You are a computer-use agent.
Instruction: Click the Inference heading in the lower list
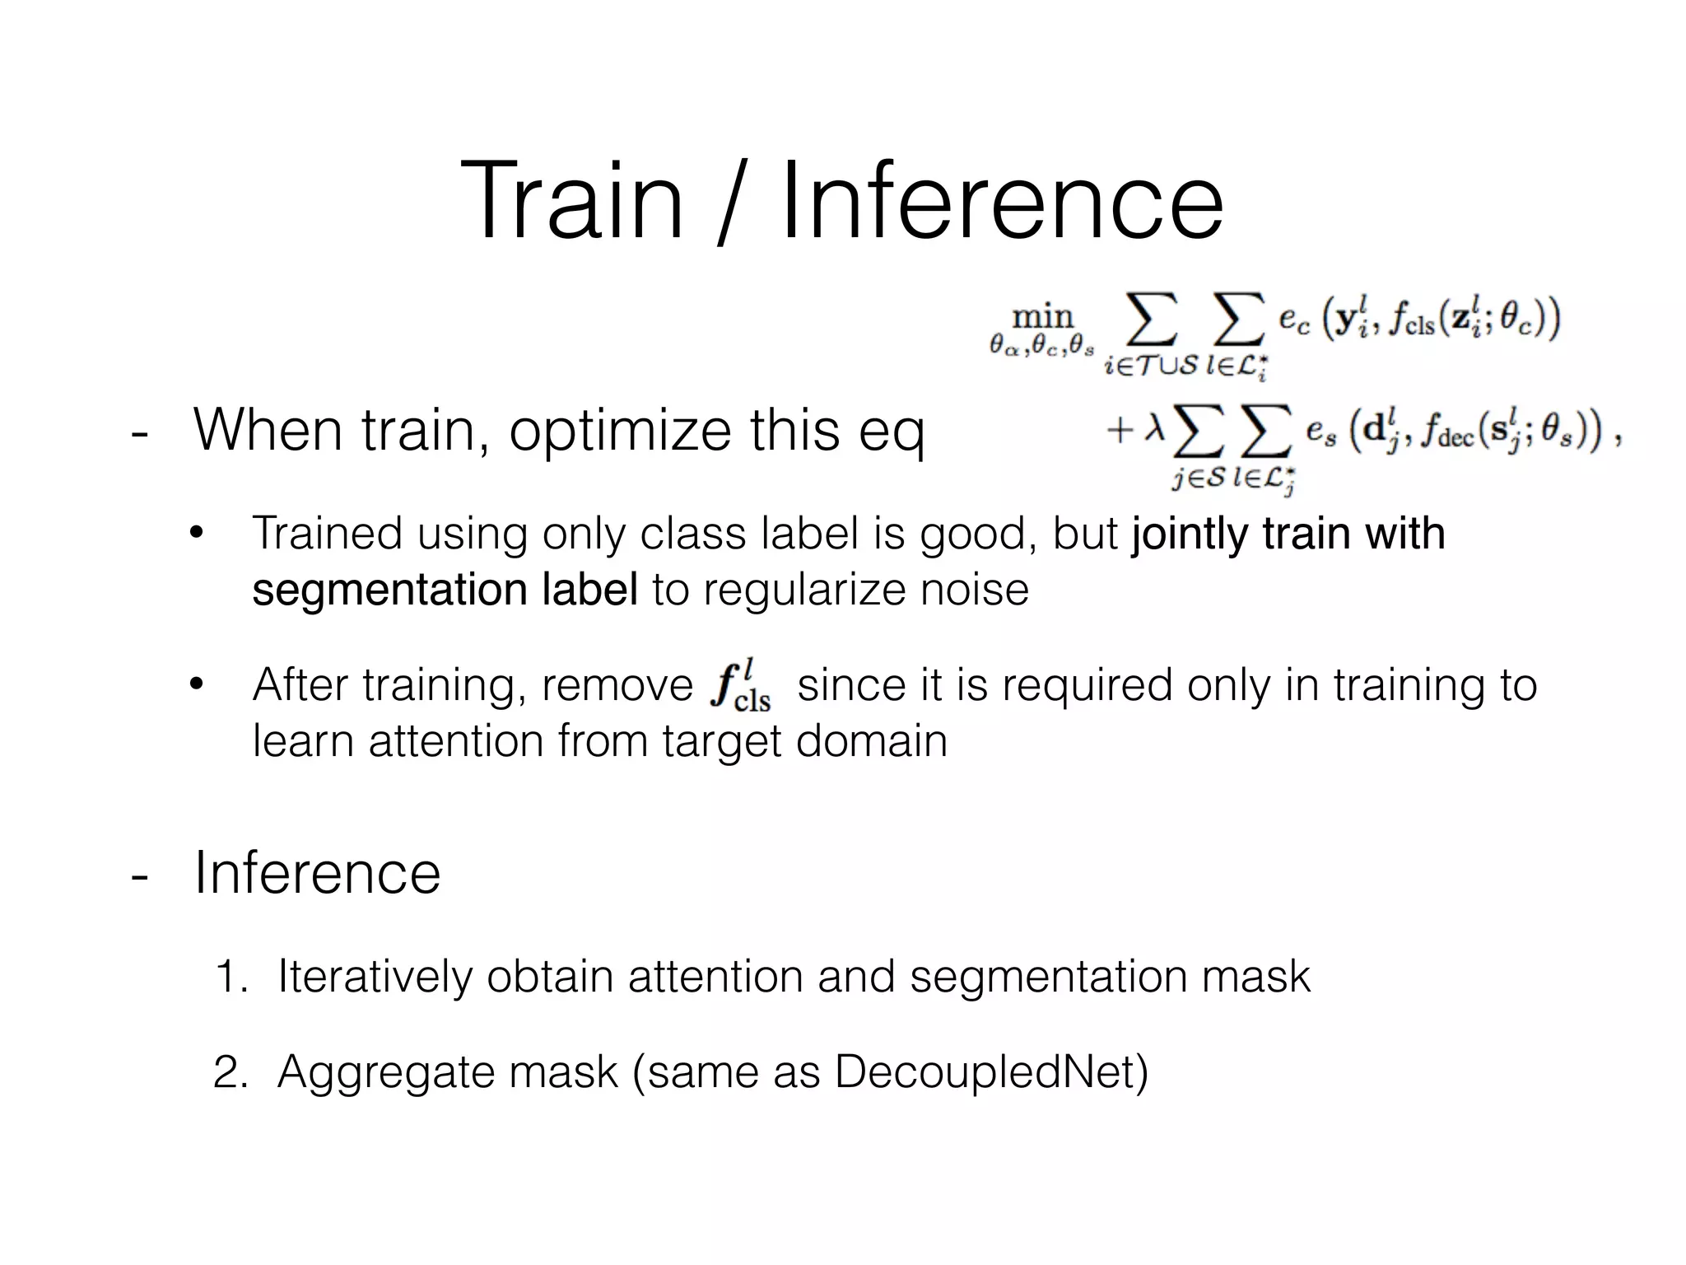(317, 873)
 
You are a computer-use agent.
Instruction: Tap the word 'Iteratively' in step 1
(375, 977)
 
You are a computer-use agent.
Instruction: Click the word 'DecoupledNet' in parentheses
(984, 1072)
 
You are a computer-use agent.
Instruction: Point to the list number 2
(230, 1073)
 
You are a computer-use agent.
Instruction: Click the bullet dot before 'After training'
(196, 684)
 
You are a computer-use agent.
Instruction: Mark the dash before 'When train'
(140, 432)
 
